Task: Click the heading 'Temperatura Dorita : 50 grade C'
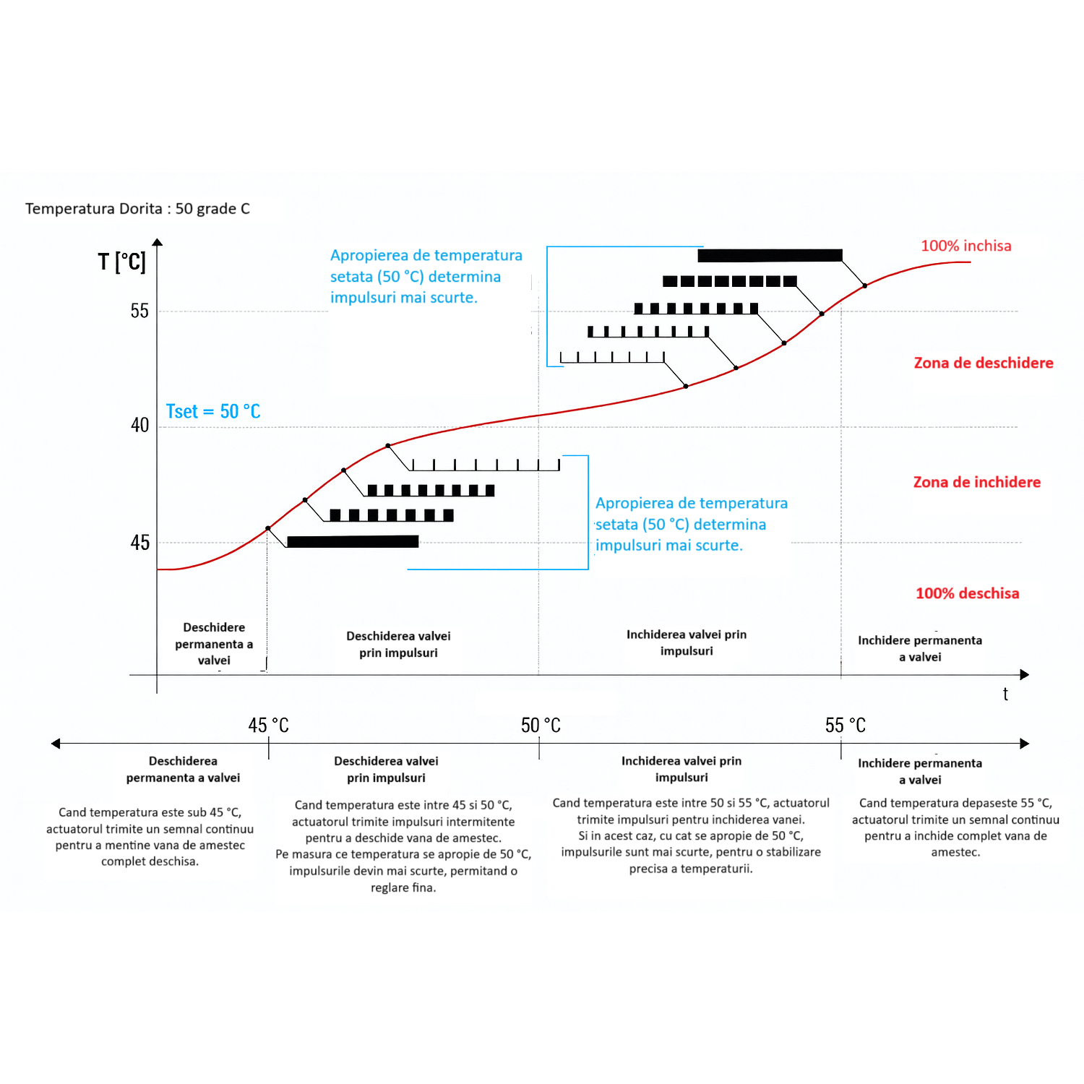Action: [137, 209]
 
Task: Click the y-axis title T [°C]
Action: [122, 262]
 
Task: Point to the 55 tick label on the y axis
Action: [139, 311]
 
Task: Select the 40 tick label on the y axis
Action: [139, 425]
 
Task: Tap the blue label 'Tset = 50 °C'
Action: [213, 411]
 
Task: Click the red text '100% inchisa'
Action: [965, 246]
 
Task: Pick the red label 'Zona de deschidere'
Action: [983, 363]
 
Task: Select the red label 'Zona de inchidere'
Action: [976, 482]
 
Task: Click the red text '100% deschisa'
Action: [967, 593]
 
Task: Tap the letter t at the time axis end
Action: [1005, 694]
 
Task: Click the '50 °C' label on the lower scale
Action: [541, 726]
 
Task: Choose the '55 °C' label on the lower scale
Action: [845, 726]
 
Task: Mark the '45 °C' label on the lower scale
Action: [268, 726]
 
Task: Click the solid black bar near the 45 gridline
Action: [353, 541]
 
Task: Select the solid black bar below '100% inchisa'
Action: [770, 255]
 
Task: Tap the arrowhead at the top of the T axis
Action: [158, 243]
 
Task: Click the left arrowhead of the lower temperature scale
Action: [56, 744]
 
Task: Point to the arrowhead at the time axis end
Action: [1024, 674]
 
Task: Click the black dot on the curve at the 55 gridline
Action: [822, 314]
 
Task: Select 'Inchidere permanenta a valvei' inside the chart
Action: [919, 648]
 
